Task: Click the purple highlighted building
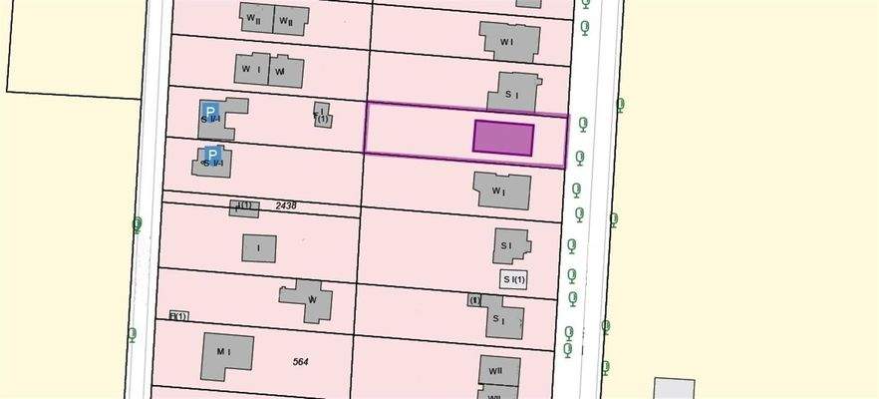[503, 138]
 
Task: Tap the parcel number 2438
[286, 204]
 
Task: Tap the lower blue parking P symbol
[210, 155]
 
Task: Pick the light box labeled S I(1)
[513, 279]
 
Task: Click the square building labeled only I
[258, 247]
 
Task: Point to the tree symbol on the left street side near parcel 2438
[138, 223]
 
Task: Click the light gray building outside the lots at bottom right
[674, 389]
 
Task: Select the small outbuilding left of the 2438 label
[244, 207]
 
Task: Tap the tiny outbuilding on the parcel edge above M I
[177, 316]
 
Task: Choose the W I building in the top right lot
[510, 42]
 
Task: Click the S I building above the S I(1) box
[510, 244]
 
